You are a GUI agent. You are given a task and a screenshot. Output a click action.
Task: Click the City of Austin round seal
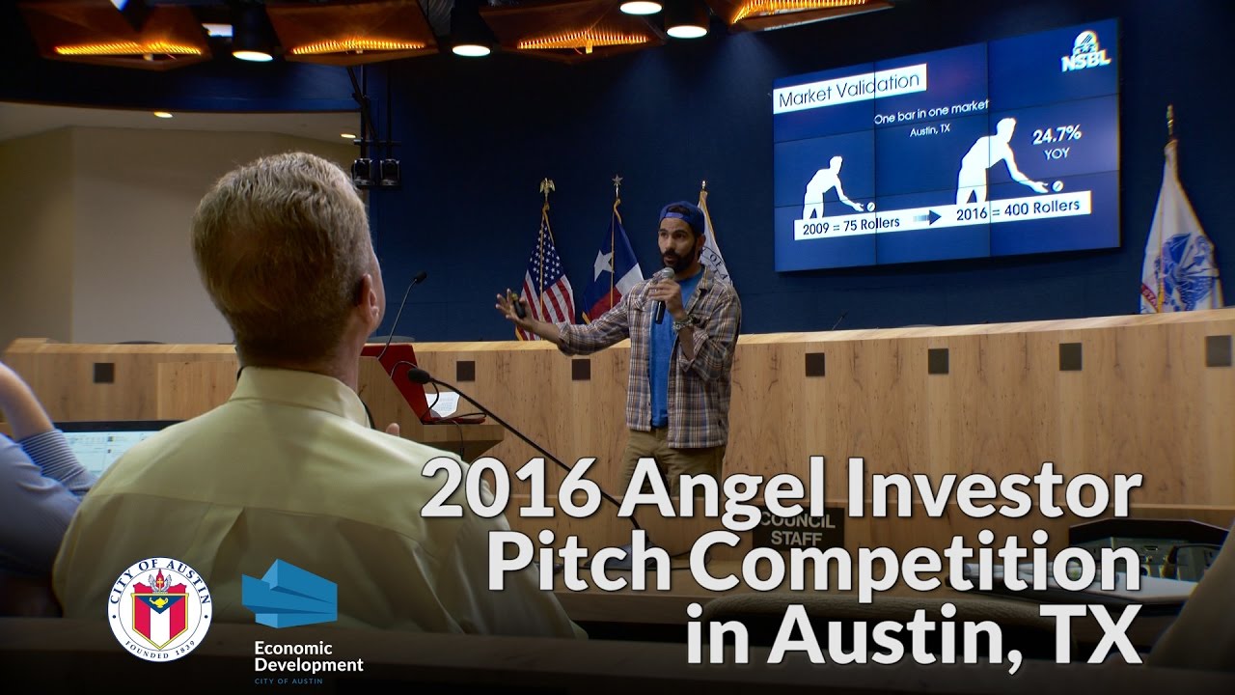coord(160,608)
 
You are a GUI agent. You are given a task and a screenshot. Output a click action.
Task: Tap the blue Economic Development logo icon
coord(289,593)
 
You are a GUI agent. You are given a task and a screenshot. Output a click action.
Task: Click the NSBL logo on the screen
coord(1085,54)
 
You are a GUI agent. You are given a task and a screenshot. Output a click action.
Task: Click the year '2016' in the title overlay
coord(510,490)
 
